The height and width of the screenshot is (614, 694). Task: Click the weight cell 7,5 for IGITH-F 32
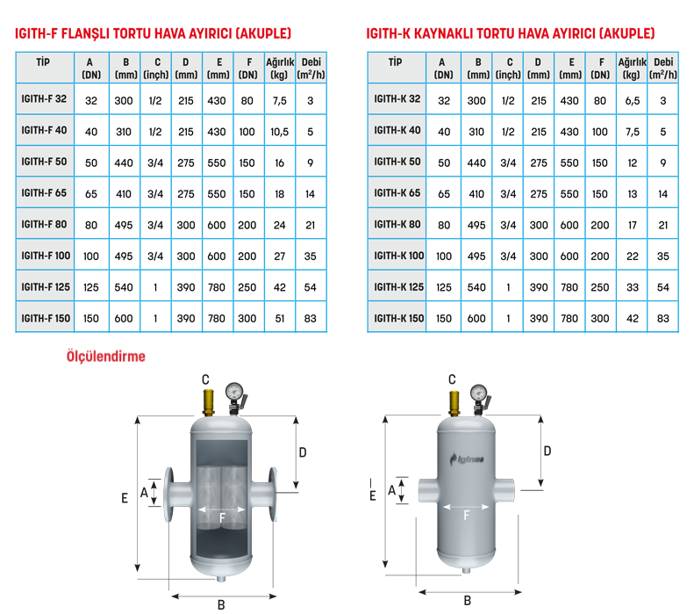coord(279,100)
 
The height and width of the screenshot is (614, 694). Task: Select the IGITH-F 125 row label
coord(46,287)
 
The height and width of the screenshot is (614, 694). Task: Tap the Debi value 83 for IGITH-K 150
coord(663,318)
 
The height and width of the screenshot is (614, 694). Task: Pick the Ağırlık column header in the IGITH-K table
coord(632,69)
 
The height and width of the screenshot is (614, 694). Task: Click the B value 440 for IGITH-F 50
coord(124,163)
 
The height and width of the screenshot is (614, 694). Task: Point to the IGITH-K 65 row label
coord(397,192)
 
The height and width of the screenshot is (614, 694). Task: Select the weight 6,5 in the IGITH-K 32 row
coord(632,100)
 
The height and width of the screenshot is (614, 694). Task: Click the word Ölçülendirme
coord(106,356)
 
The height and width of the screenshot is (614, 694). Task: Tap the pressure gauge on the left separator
coord(234,392)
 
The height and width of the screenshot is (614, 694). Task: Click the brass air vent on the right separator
coord(454,402)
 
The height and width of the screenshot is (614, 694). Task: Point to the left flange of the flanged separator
coord(168,495)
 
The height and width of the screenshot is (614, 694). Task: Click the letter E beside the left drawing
coord(125,498)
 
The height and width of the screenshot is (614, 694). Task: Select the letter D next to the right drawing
coord(547,451)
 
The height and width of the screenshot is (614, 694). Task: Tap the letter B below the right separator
coord(468,601)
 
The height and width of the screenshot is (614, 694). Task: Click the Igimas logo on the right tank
coord(467,459)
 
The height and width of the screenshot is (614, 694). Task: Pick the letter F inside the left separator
coord(222,517)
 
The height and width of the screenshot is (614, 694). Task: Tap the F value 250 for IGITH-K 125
coord(600,287)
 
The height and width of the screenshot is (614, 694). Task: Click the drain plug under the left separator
coord(221,578)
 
